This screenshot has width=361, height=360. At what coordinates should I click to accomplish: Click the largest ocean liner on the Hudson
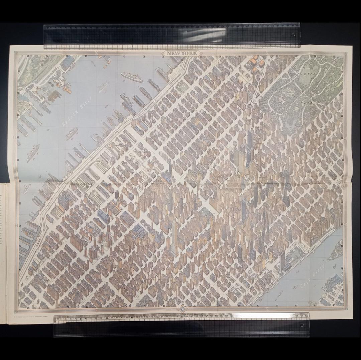point(131,77)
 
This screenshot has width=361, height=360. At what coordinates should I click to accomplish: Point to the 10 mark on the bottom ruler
point(108,318)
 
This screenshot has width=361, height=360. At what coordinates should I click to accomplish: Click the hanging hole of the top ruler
point(293,34)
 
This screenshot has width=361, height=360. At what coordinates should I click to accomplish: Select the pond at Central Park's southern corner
point(267,100)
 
